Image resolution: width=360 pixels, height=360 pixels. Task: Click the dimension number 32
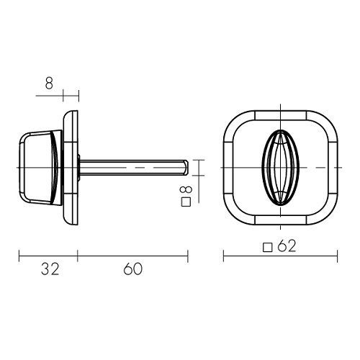tap(50, 269)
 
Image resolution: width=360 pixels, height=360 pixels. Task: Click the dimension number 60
tap(132, 269)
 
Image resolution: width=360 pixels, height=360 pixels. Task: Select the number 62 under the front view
tap(287, 246)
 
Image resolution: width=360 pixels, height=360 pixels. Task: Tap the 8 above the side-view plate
tap(49, 84)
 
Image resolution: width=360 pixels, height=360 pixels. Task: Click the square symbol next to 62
tap(268, 248)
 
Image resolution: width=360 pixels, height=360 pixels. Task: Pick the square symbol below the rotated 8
tap(186, 202)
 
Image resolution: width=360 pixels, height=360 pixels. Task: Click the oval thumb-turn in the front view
tap(280, 168)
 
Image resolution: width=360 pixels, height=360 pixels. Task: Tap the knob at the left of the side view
tap(41, 168)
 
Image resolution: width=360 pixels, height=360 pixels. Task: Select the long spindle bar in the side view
tap(133, 168)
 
